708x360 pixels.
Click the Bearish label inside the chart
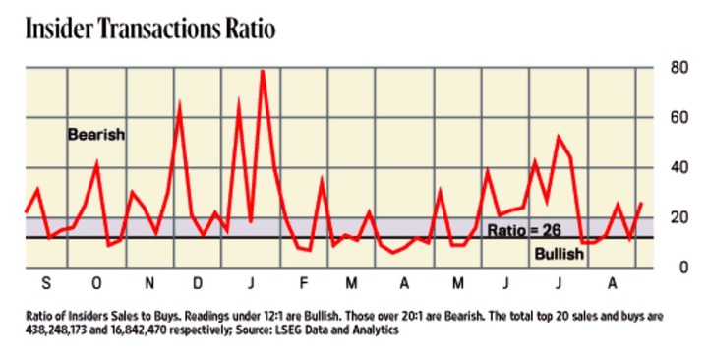[95, 134]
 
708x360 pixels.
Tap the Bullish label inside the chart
[559, 254]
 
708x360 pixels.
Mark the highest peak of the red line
[263, 71]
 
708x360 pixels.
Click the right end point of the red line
[642, 203]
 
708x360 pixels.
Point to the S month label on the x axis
[45, 283]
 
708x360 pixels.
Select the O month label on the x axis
[96, 283]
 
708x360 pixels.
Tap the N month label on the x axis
[148, 283]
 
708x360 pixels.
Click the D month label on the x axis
[198, 283]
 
